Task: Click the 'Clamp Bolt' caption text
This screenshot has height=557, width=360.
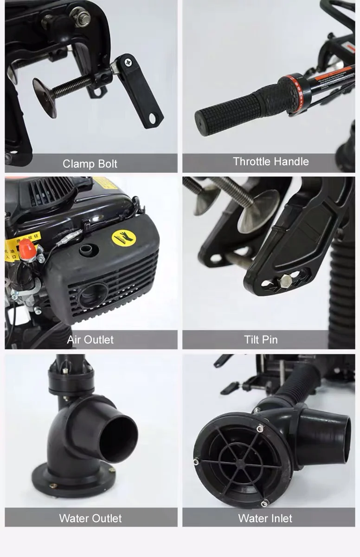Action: (x=90, y=164)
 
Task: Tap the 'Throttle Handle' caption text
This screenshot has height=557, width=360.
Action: (x=270, y=162)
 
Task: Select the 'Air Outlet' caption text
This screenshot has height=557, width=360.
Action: (x=90, y=339)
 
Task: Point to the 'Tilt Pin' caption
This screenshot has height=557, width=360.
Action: (x=261, y=339)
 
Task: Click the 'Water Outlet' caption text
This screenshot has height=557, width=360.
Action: (x=90, y=518)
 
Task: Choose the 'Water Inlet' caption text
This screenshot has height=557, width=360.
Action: (x=265, y=518)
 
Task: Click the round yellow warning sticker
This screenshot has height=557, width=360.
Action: (x=123, y=238)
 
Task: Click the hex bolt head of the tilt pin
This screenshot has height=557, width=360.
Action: (x=285, y=280)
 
